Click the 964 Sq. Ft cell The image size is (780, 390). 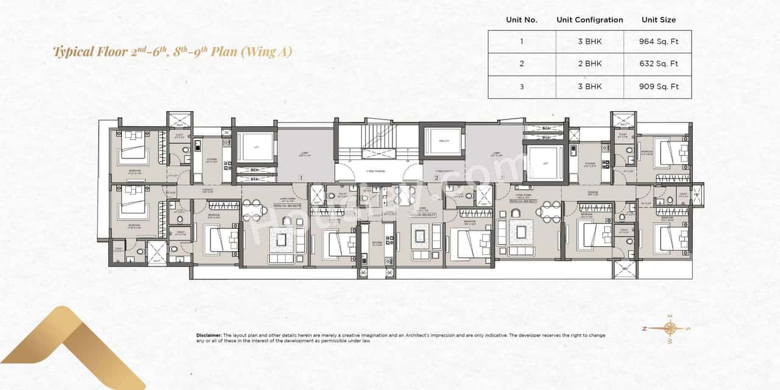tap(658, 41)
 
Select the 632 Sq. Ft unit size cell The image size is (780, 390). tap(658, 64)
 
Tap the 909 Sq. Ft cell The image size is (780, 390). tap(658, 87)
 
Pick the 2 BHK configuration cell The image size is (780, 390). tap(589, 64)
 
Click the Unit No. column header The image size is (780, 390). tap(522, 19)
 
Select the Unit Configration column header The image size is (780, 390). tap(589, 19)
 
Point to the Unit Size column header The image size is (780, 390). tap(658, 19)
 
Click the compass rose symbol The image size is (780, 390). tap(670, 328)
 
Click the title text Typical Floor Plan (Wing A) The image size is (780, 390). tap(172, 51)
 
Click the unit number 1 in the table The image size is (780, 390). tap(522, 41)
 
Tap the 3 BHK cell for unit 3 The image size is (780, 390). tap(589, 87)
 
